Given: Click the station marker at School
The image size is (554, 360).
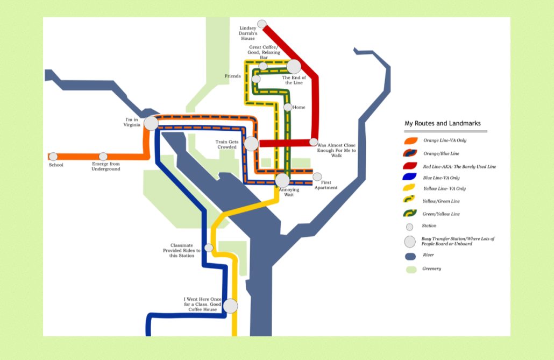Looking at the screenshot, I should pos(53,157).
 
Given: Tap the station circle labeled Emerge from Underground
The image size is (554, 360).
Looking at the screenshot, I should pos(103,157).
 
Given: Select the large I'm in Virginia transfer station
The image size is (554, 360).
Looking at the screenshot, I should pos(151,123).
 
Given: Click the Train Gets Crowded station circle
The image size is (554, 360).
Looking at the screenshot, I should pos(251,144).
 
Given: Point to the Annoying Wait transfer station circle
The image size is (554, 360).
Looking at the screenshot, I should pos(282,180).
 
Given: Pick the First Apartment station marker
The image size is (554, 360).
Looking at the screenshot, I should pos(317,177).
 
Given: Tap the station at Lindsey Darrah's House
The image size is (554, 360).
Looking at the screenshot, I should pos(262,24).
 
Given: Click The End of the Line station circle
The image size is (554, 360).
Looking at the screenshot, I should pos(294,67).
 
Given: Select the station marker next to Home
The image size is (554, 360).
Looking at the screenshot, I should pos(288,107).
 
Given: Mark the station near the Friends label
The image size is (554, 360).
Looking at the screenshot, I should pos(256,79).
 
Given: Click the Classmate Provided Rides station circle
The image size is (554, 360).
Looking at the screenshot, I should pos(209,248).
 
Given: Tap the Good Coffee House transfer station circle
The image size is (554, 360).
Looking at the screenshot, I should pos(230,306).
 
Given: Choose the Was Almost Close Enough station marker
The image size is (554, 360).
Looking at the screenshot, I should pos(314,142).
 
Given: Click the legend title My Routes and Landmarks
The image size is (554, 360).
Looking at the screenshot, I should pos(443,123).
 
